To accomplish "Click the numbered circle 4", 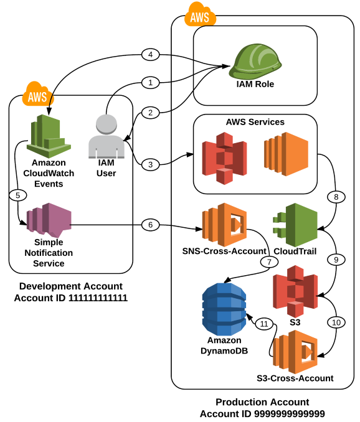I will [x=149, y=55].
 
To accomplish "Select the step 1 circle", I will [x=149, y=82].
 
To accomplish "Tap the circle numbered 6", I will [x=149, y=224].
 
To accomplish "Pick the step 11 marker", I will [x=264, y=324].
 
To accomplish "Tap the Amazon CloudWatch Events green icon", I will [x=49, y=134].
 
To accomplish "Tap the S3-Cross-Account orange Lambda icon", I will [x=296, y=351].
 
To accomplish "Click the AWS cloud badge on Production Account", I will [x=200, y=15].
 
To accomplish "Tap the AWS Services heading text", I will [x=255, y=122].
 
